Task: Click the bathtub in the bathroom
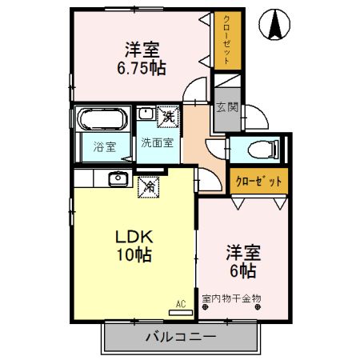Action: click(x=102, y=121)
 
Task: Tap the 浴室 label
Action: click(x=104, y=147)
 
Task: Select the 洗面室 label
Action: click(x=157, y=143)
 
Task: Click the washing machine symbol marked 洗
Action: click(x=168, y=116)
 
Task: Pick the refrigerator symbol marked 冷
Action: click(x=150, y=187)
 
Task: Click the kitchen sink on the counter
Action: click(x=118, y=178)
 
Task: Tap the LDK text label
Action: click(x=133, y=238)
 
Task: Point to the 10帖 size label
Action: click(x=133, y=256)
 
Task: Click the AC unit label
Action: click(x=181, y=303)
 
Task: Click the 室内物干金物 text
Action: click(x=231, y=298)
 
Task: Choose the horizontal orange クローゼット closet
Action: click(x=259, y=181)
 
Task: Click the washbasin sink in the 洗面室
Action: click(x=145, y=114)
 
